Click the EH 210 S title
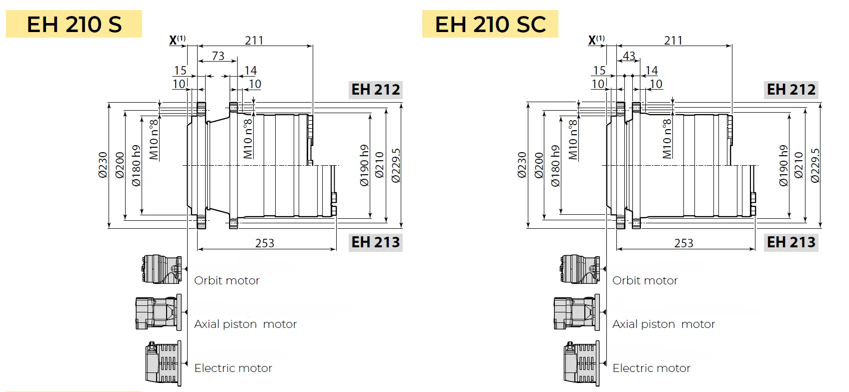coord(74,24)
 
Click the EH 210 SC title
coord(490,24)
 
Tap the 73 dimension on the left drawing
coord(218,56)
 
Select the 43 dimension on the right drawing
coord(629,56)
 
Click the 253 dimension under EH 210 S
coord(265,243)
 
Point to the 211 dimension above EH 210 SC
coord(673,40)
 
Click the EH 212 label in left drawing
coord(376,90)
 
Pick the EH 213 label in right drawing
coord(791,242)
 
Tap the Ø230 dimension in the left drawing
coord(103,165)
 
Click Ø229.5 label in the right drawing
coord(815,165)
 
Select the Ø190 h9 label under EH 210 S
coord(364,165)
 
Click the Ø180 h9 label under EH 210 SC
coord(555,166)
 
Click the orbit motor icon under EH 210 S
coord(161,269)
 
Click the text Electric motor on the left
coord(233,368)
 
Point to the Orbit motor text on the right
coord(645,280)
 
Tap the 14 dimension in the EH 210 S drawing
coord(251,71)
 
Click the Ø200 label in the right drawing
coord(538,165)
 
